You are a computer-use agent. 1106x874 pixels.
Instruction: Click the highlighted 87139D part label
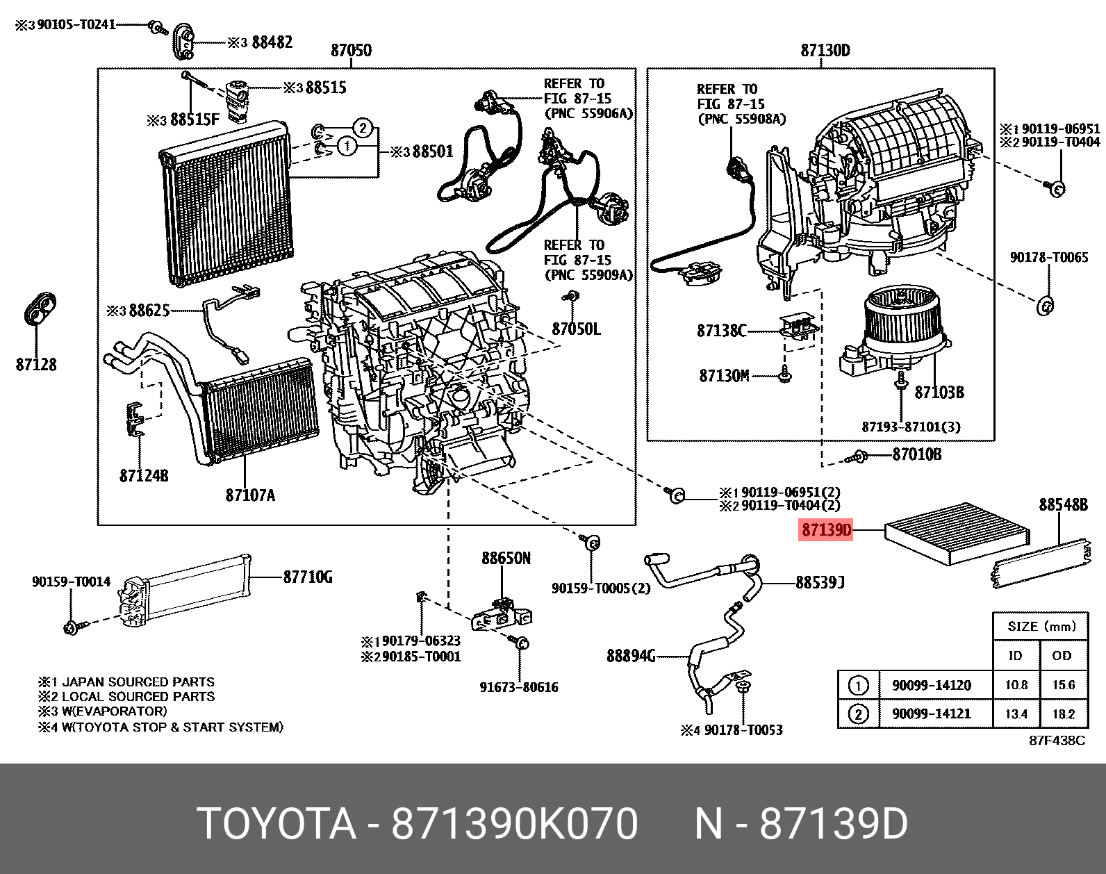(x=826, y=531)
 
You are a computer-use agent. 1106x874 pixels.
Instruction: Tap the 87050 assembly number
(x=351, y=51)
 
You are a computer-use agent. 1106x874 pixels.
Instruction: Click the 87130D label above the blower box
(x=825, y=51)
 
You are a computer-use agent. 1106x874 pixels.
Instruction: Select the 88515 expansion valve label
(x=325, y=88)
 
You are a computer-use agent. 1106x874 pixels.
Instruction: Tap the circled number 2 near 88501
(x=363, y=128)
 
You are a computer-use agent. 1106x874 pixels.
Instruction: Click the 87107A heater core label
(x=250, y=495)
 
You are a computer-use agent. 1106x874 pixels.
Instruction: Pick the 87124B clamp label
(x=144, y=476)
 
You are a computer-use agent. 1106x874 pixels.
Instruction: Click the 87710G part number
(x=308, y=577)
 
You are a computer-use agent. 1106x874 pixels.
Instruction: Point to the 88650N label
(x=506, y=559)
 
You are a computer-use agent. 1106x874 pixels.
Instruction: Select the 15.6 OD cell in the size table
(x=1063, y=685)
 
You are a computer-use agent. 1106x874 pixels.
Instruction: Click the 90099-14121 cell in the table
(x=931, y=714)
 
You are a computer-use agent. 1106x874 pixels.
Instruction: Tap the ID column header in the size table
(x=1015, y=656)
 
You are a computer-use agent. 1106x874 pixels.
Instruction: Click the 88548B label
(x=1063, y=505)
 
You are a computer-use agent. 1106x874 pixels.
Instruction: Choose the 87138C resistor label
(x=721, y=331)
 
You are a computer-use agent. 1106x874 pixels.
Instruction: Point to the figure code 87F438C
(x=1056, y=741)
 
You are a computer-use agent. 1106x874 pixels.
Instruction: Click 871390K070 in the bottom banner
(x=514, y=824)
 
